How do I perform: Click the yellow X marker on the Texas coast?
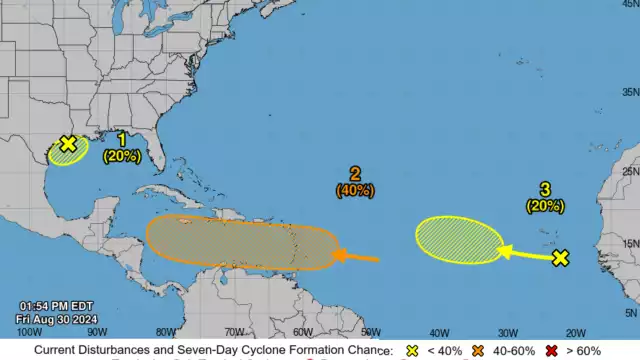point(67,144)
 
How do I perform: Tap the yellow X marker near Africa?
point(560,258)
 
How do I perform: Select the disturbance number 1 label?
point(122,139)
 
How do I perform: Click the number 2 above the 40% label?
point(355,172)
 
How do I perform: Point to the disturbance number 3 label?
point(544,189)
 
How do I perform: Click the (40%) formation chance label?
point(355,189)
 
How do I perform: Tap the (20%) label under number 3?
point(544,205)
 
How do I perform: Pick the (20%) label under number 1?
point(122,155)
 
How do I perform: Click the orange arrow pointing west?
point(355,258)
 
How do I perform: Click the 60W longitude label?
point(302,332)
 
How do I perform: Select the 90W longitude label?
point(97,332)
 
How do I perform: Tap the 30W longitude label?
point(507,332)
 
